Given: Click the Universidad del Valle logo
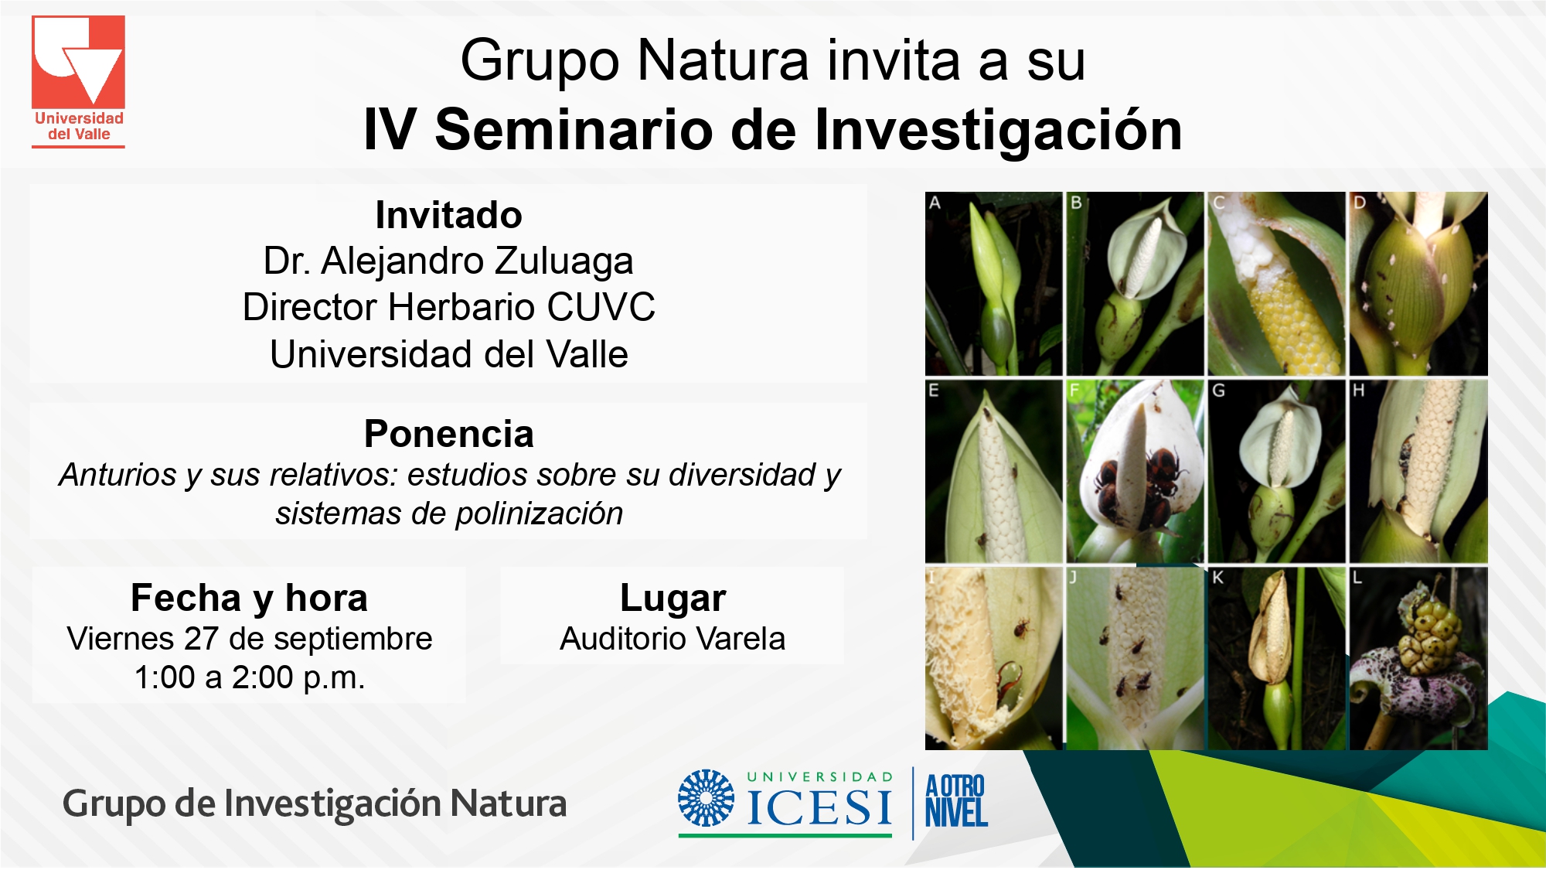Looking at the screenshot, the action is (78, 81).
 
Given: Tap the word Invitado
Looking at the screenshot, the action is (448, 215).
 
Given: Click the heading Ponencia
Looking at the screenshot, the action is (448, 434).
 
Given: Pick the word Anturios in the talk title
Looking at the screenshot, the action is (118, 475).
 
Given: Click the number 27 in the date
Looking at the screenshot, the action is (201, 639).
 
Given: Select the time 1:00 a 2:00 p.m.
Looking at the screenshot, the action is (249, 677).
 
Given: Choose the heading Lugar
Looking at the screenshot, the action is (673, 599).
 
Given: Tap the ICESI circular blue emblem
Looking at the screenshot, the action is (706, 798).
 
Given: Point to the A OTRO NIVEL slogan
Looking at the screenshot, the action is (956, 800).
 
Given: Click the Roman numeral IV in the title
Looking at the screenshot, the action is (390, 129).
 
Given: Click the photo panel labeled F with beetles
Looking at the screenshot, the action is (1135, 471).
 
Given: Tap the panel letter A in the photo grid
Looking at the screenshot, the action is (935, 203).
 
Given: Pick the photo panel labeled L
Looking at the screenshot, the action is (1418, 659).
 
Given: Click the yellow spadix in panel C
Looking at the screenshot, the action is (1299, 325).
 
